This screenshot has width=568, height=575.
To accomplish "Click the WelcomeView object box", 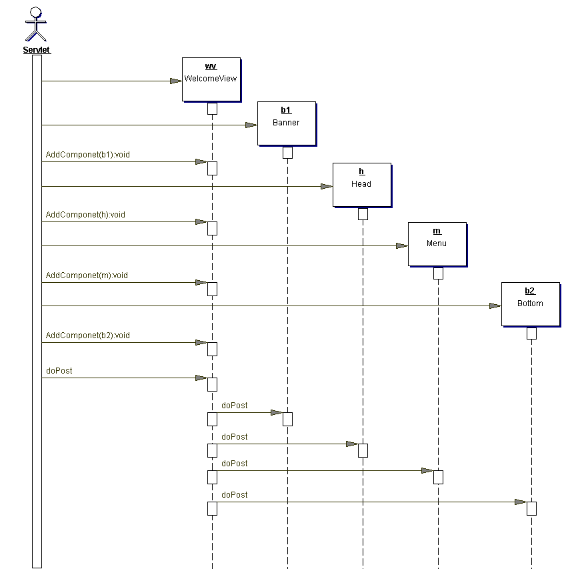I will click(211, 79).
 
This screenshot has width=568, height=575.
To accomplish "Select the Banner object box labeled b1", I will click(286, 123).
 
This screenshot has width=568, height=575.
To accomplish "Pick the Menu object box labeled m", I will click(437, 243).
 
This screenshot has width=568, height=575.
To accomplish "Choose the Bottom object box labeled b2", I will click(530, 304).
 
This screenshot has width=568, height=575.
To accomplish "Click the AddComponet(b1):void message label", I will click(87, 155).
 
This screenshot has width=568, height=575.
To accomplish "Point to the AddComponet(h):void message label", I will click(85, 215).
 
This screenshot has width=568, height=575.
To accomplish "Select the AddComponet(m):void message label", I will click(87, 275).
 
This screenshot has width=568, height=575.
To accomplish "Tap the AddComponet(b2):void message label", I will click(87, 336).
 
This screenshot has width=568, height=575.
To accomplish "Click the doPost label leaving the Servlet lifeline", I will click(59, 370).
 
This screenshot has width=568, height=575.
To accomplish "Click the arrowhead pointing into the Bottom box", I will click(495, 306).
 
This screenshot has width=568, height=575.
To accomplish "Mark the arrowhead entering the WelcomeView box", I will click(176, 81).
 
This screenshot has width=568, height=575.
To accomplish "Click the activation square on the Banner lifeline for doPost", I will click(287, 419).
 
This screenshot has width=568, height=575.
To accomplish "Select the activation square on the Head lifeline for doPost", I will click(363, 450).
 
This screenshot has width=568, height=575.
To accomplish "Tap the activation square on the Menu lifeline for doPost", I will click(438, 477).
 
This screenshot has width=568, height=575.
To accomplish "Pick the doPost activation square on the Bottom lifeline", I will click(531, 508).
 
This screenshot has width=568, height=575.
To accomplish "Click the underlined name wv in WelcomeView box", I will click(211, 67).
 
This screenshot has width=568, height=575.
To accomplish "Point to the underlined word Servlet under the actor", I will click(37, 50).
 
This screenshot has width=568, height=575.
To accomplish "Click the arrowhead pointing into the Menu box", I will click(401, 245).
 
